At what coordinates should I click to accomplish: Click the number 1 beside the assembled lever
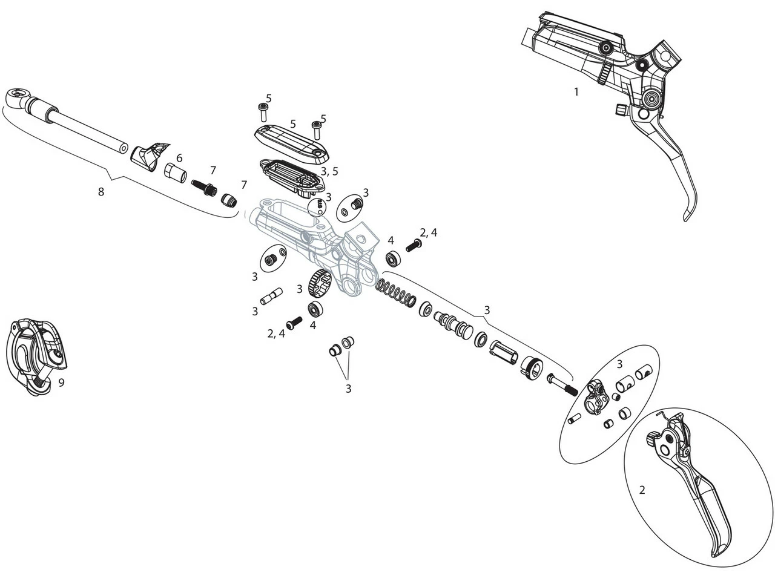[x=576, y=92]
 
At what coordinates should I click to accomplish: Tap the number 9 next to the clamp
[x=61, y=382]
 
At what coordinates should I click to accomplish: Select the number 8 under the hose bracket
[x=101, y=192]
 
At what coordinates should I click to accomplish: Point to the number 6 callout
[x=179, y=158]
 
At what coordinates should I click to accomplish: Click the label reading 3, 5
[x=329, y=171]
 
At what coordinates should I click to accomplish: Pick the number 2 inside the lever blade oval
[x=642, y=490]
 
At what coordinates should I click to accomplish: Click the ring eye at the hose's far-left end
[x=16, y=95]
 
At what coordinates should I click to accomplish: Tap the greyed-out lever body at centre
[x=309, y=242]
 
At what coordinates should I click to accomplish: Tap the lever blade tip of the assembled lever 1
[x=688, y=214]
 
